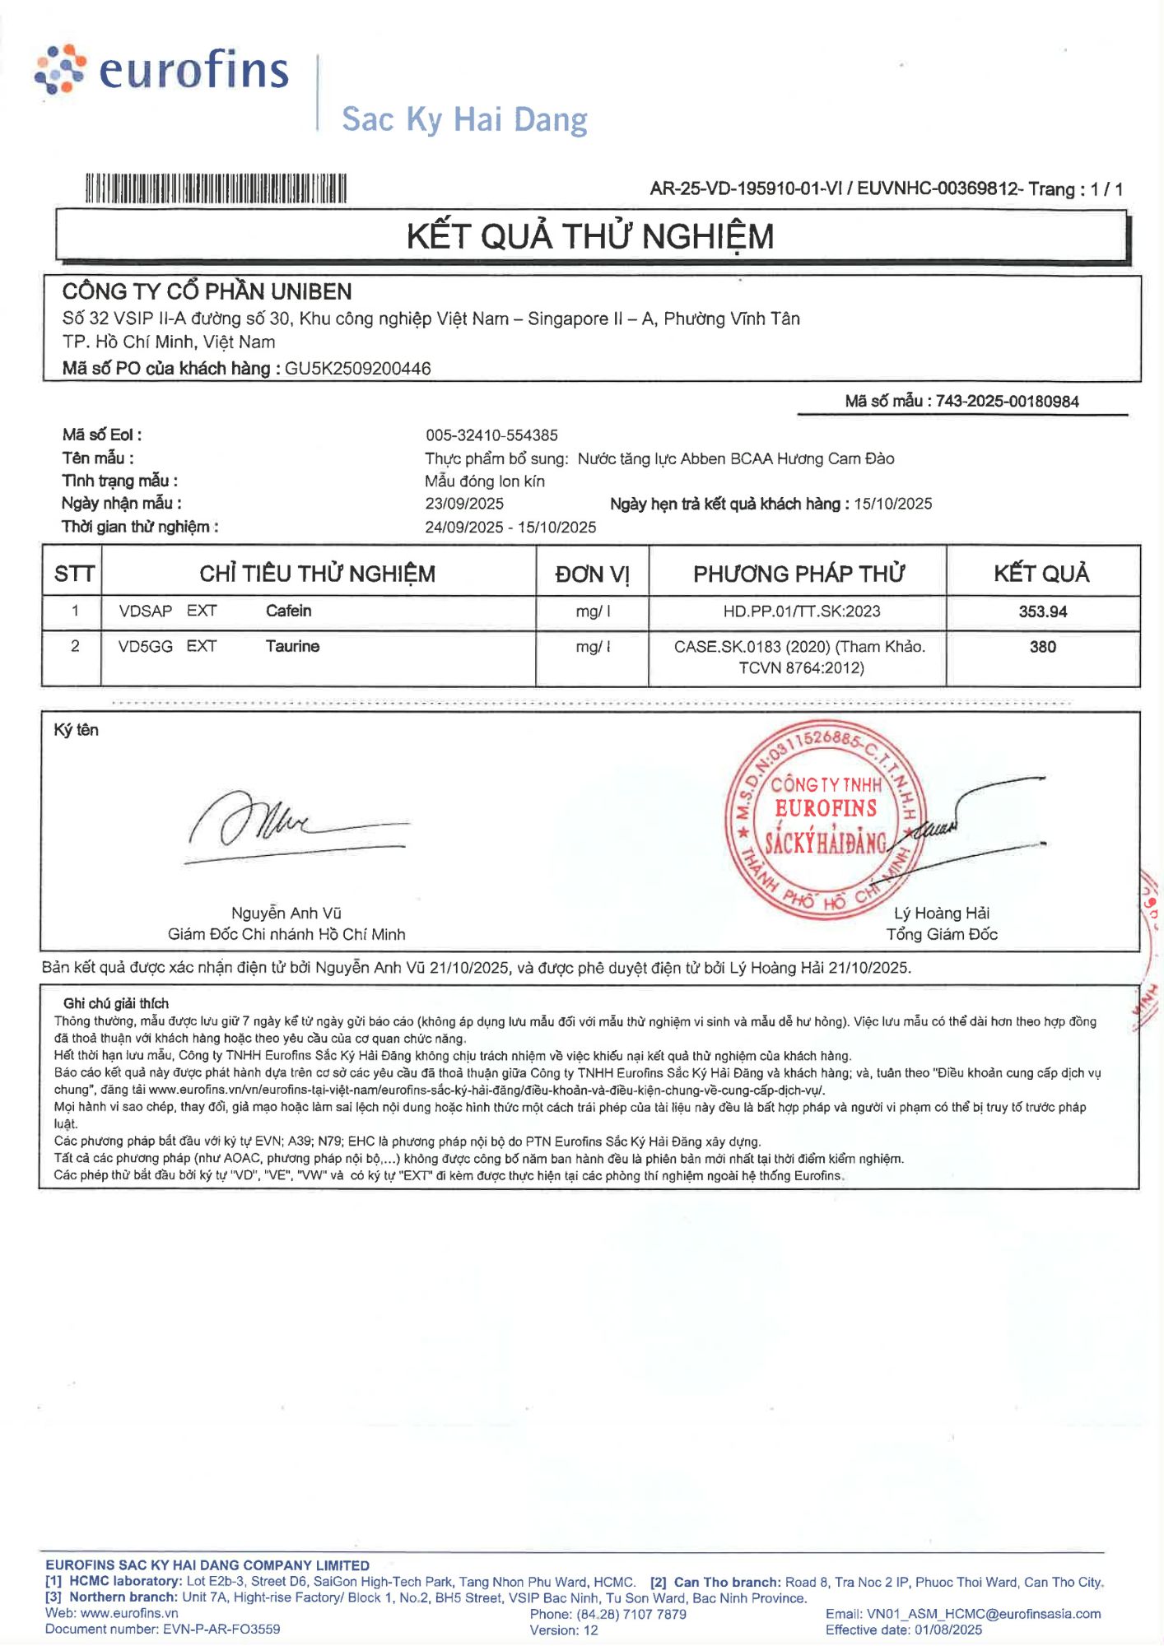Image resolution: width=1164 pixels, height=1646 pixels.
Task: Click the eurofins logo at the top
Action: tap(162, 70)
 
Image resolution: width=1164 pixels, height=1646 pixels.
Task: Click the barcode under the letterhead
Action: tap(216, 188)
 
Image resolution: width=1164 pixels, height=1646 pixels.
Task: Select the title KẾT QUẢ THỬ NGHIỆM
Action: tap(590, 237)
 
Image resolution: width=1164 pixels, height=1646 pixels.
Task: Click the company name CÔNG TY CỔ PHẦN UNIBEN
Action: tap(207, 291)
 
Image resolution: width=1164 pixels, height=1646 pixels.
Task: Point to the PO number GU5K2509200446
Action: tap(357, 369)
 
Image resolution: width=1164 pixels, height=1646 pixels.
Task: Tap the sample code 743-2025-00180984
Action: tap(1007, 402)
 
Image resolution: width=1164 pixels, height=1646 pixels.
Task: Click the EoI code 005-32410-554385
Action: tap(491, 435)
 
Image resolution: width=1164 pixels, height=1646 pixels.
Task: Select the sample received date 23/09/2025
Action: tap(464, 504)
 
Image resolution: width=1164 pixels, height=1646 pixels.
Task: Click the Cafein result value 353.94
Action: tap(1042, 611)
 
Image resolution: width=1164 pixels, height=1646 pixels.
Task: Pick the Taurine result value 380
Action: tap(1042, 647)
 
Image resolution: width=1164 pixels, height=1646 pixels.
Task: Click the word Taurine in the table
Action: tap(292, 647)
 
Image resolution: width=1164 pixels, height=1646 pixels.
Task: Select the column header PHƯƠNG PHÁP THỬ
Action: tap(799, 574)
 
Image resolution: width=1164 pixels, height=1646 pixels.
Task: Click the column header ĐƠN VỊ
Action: tap(592, 574)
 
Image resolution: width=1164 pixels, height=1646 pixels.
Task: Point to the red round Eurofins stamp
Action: tap(825, 820)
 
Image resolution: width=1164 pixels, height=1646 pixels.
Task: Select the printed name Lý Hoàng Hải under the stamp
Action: tap(942, 914)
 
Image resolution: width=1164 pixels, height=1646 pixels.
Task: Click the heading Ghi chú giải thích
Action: tap(116, 1003)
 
